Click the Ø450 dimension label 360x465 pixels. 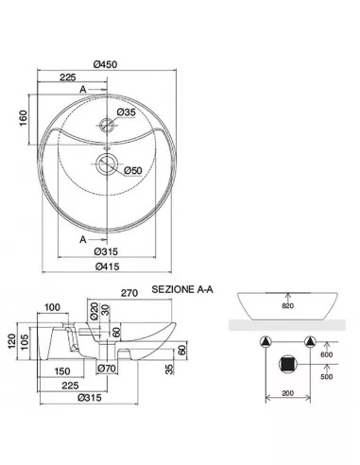pos(106,64)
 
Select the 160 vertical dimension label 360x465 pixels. pos(24,118)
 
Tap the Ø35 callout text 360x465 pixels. pos(126,112)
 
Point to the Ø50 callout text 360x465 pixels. pos(133,170)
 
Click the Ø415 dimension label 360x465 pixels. pos(108,267)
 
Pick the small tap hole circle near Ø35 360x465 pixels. pos(107,125)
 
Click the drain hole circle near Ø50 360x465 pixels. pos(107,164)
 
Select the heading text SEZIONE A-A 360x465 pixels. pos(182,289)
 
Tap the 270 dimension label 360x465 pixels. pos(129,293)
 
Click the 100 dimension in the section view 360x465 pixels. pos(52,307)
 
